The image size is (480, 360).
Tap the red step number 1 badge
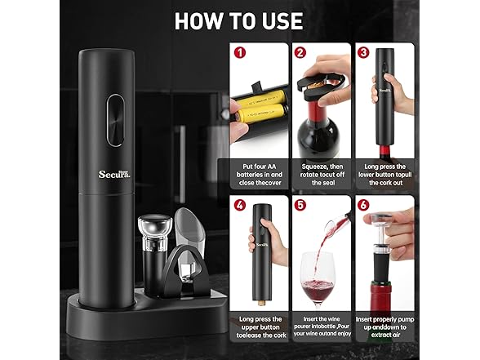[x=240, y=52]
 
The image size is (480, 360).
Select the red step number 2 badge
[x=300, y=52]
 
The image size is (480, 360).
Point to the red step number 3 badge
[x=363, y=52]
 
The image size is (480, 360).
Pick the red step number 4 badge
[x=240, y=205]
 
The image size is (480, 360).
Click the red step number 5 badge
[x=300, y=205]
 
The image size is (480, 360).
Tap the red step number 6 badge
[x=363, y=205]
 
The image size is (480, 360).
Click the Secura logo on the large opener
[x=114, y=174]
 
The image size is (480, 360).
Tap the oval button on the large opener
[x=115, y=120]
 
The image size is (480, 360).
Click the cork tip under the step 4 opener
[x=261, y=303]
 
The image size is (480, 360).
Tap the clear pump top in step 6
[x=380, y=219]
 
